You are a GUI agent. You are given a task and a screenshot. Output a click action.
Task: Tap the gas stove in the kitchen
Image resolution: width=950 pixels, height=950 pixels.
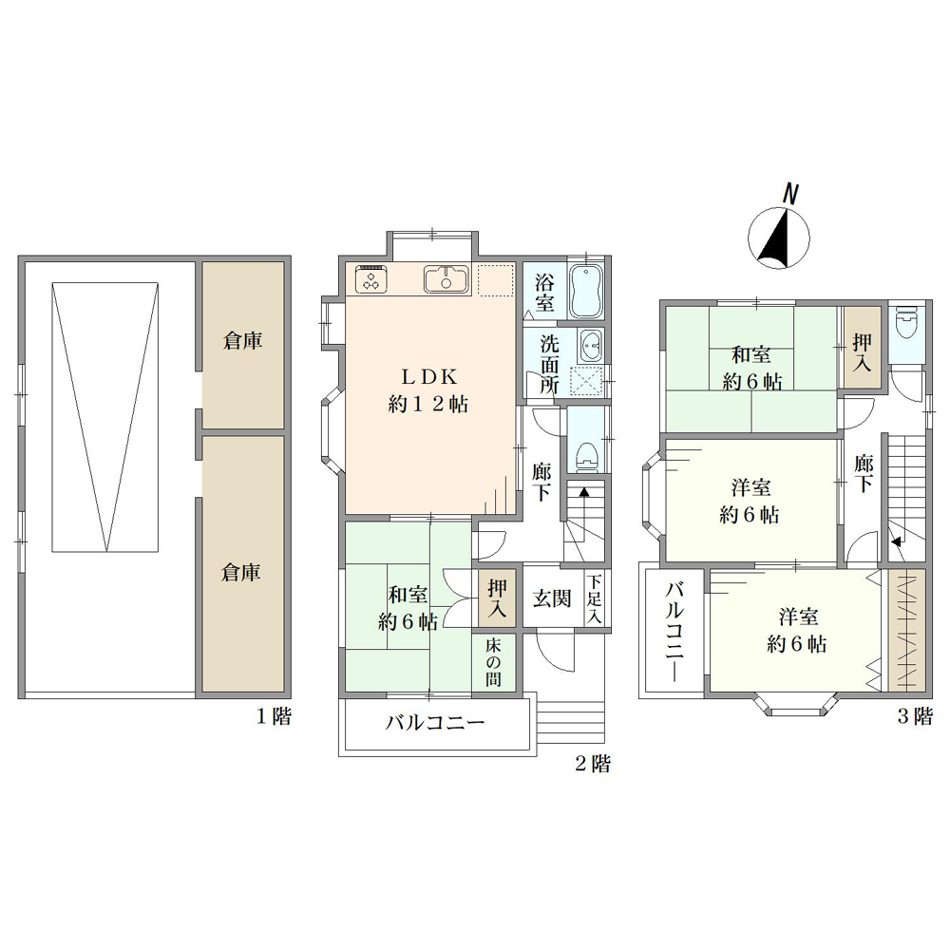pos(370,278)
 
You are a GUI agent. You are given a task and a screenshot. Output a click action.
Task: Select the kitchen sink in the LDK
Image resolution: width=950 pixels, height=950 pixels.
pos(446,280)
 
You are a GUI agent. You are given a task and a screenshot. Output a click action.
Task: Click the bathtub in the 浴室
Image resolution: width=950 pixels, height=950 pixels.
pos(585,291)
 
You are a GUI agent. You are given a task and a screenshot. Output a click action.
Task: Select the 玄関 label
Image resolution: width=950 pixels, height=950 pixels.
pos(552,598)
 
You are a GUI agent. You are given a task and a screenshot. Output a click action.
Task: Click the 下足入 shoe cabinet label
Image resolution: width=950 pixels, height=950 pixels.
pos(595,599)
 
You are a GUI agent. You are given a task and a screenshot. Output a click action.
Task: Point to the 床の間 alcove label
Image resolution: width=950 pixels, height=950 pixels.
pos(493,662)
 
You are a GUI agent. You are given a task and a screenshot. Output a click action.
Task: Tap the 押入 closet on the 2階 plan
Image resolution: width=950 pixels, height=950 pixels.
pos(496,598)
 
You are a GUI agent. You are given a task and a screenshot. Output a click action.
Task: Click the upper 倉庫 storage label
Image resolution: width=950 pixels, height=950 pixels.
pos(242,341)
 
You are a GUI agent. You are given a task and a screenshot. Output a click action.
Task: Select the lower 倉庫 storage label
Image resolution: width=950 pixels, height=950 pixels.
pos(240,572)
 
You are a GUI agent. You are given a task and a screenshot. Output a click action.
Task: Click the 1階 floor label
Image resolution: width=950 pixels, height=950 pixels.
pos(274,716)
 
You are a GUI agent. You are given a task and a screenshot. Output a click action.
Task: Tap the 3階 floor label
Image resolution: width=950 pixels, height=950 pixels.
pos(915,716)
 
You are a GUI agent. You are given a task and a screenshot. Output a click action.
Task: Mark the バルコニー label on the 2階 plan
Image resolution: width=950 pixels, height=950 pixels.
pos(436,723)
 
